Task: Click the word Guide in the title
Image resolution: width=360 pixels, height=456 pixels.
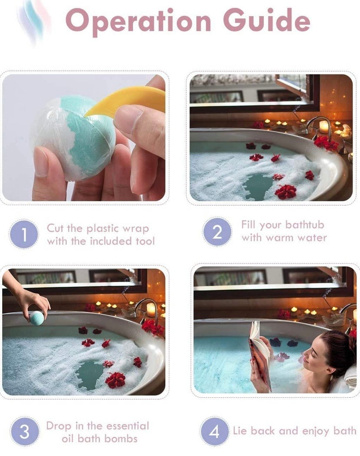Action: [266, 20]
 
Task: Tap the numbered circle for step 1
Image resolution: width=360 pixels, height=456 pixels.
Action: [24, 235]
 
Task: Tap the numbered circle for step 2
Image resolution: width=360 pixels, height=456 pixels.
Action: [217, 232]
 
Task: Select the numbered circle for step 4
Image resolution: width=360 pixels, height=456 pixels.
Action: [215, 432]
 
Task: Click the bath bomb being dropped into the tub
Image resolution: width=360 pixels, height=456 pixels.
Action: [37, 318]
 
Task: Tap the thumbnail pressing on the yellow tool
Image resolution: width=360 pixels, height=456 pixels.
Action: [129, 119]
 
